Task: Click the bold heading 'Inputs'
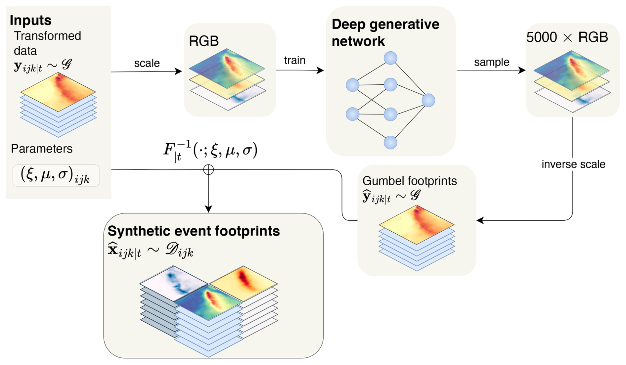[30, 20]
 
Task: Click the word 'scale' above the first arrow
[147, 63]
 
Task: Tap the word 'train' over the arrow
[294, 60]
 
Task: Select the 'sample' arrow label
[491, 62]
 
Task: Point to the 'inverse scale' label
[573, 164]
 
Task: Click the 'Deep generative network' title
[385, 33]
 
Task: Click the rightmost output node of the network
[428, 100]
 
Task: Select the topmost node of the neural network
[390, 58]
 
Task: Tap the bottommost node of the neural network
[390, 143]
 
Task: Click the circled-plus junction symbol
[208, 170]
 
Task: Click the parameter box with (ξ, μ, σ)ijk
[56, 175]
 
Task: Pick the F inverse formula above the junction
[210, 150]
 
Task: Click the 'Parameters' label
[42, 149]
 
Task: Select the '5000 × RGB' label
[567, 37]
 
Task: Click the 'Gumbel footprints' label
[409, 181]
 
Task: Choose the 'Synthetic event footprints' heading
[194, 231]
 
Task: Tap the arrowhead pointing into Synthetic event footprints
[208, 209]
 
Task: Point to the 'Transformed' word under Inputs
[48, 36]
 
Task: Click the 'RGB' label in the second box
[203, 41]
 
